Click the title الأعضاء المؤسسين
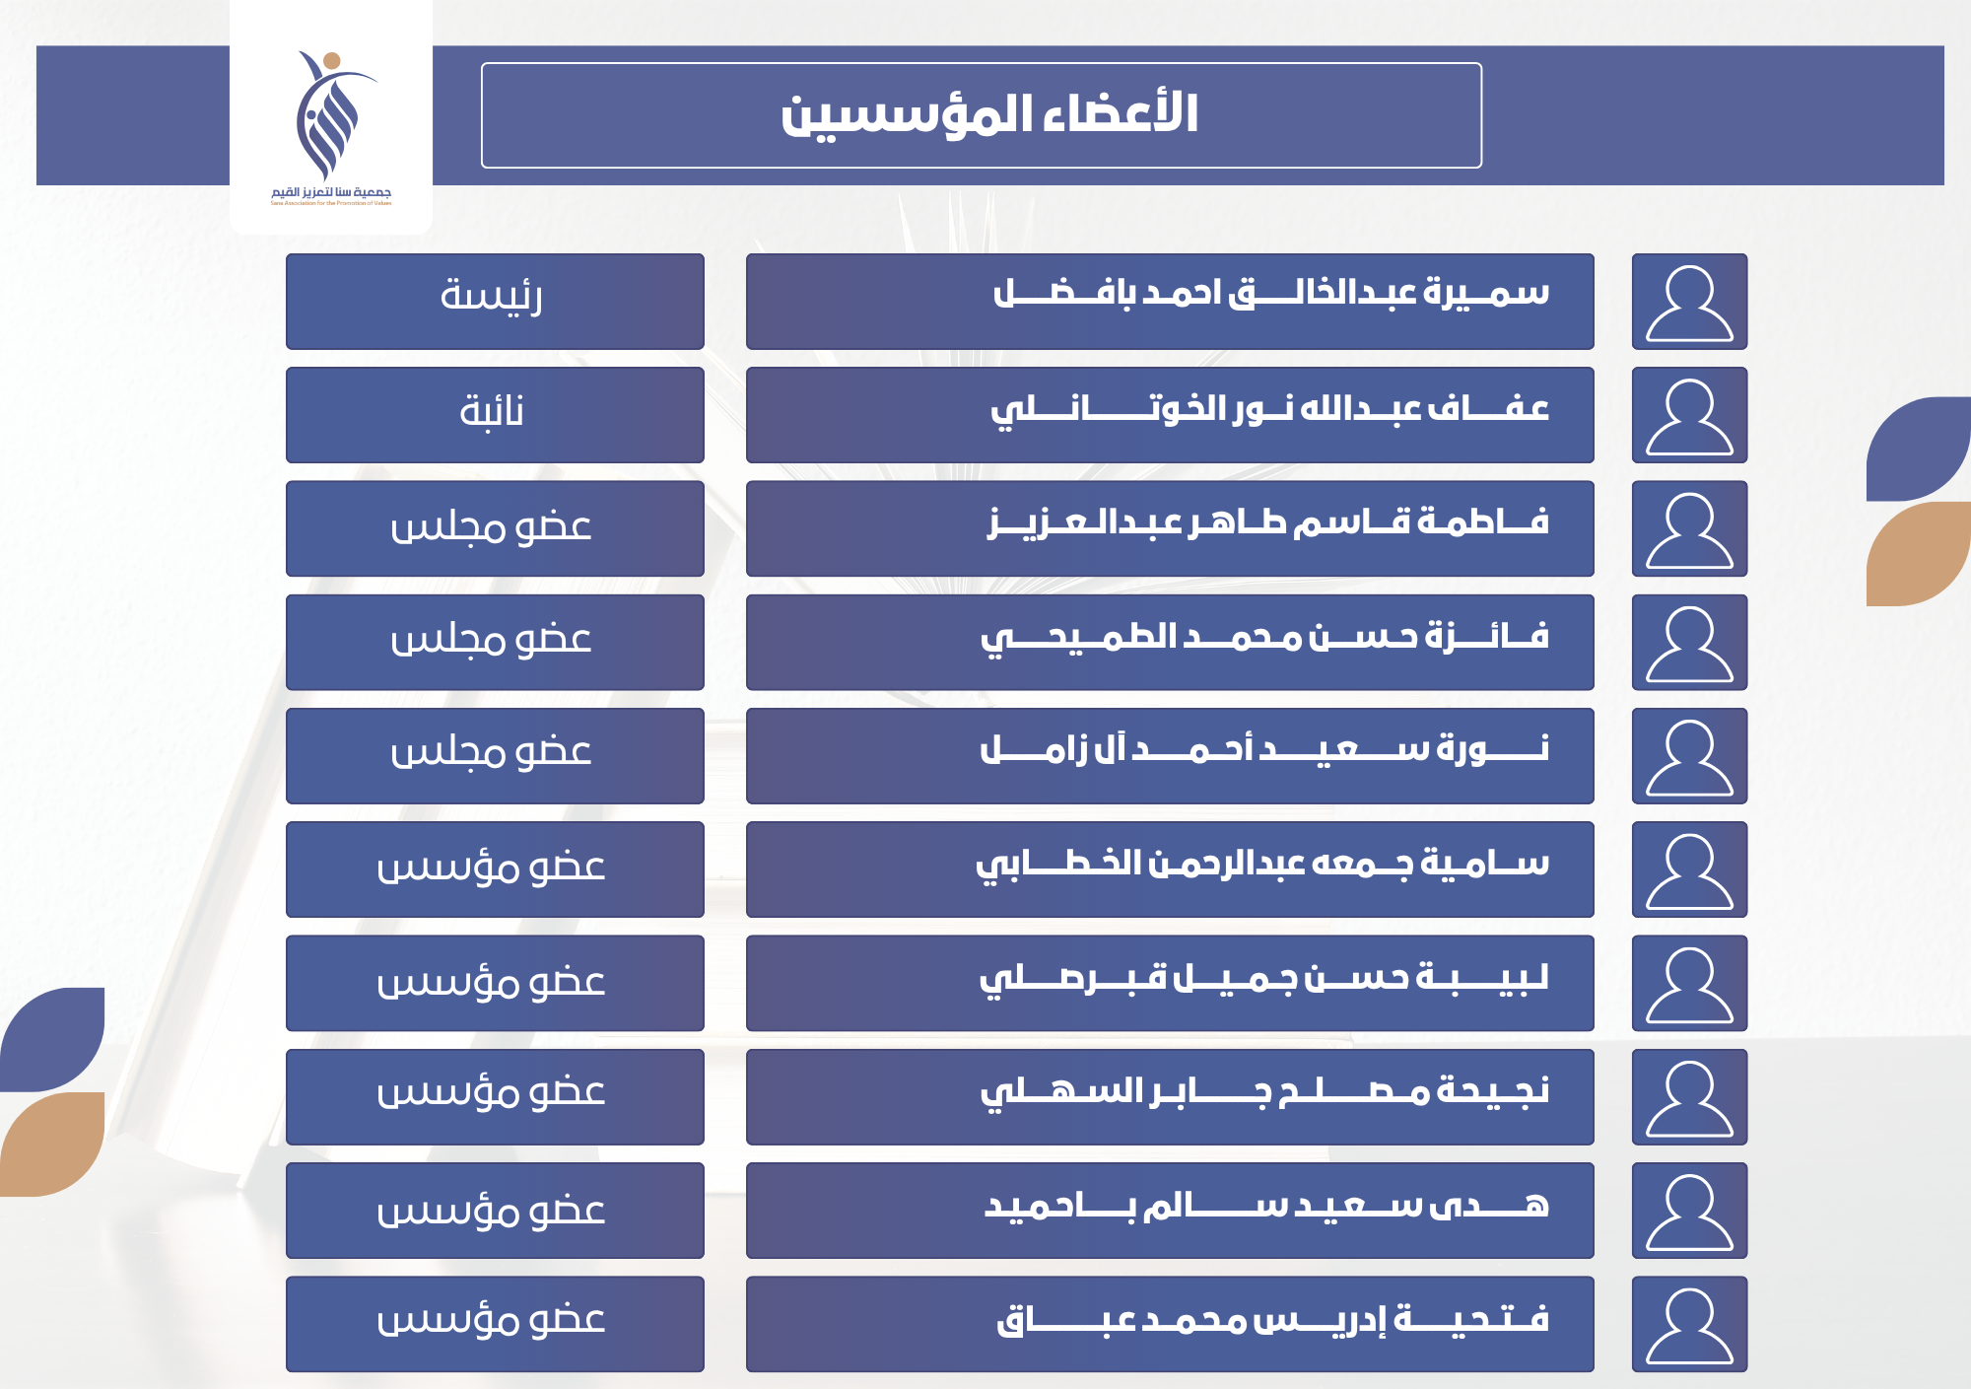pyautogui.click(x=989, y=115)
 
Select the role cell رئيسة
pyautogui.click(x=495, y=302)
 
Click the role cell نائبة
pyautogui.click(x=495, y=415)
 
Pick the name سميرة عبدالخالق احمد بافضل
pyautogui.click(x=1271, y=294)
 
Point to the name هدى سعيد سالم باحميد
pyautogui.click(x=1267, y=1205)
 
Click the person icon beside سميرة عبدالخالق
pyautogui.click(x=1689, y=302)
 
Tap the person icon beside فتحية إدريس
pyautogui.click(x=1689, y=1324)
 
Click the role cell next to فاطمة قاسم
pyautogui.click(x=495, y=528)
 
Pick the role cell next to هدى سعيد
pyautogui.click(x=495, y=1211)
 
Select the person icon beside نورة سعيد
pyautogui.click(x=1689, y=756)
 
